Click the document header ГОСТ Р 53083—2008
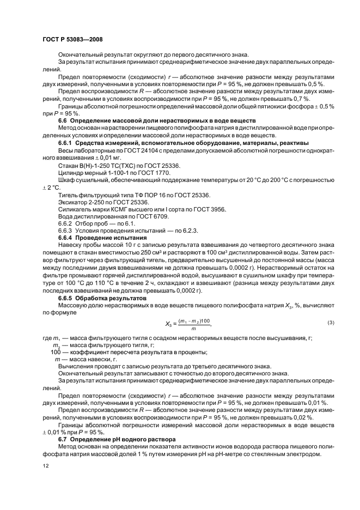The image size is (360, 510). pyautogui.click(x=72, y=40)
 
